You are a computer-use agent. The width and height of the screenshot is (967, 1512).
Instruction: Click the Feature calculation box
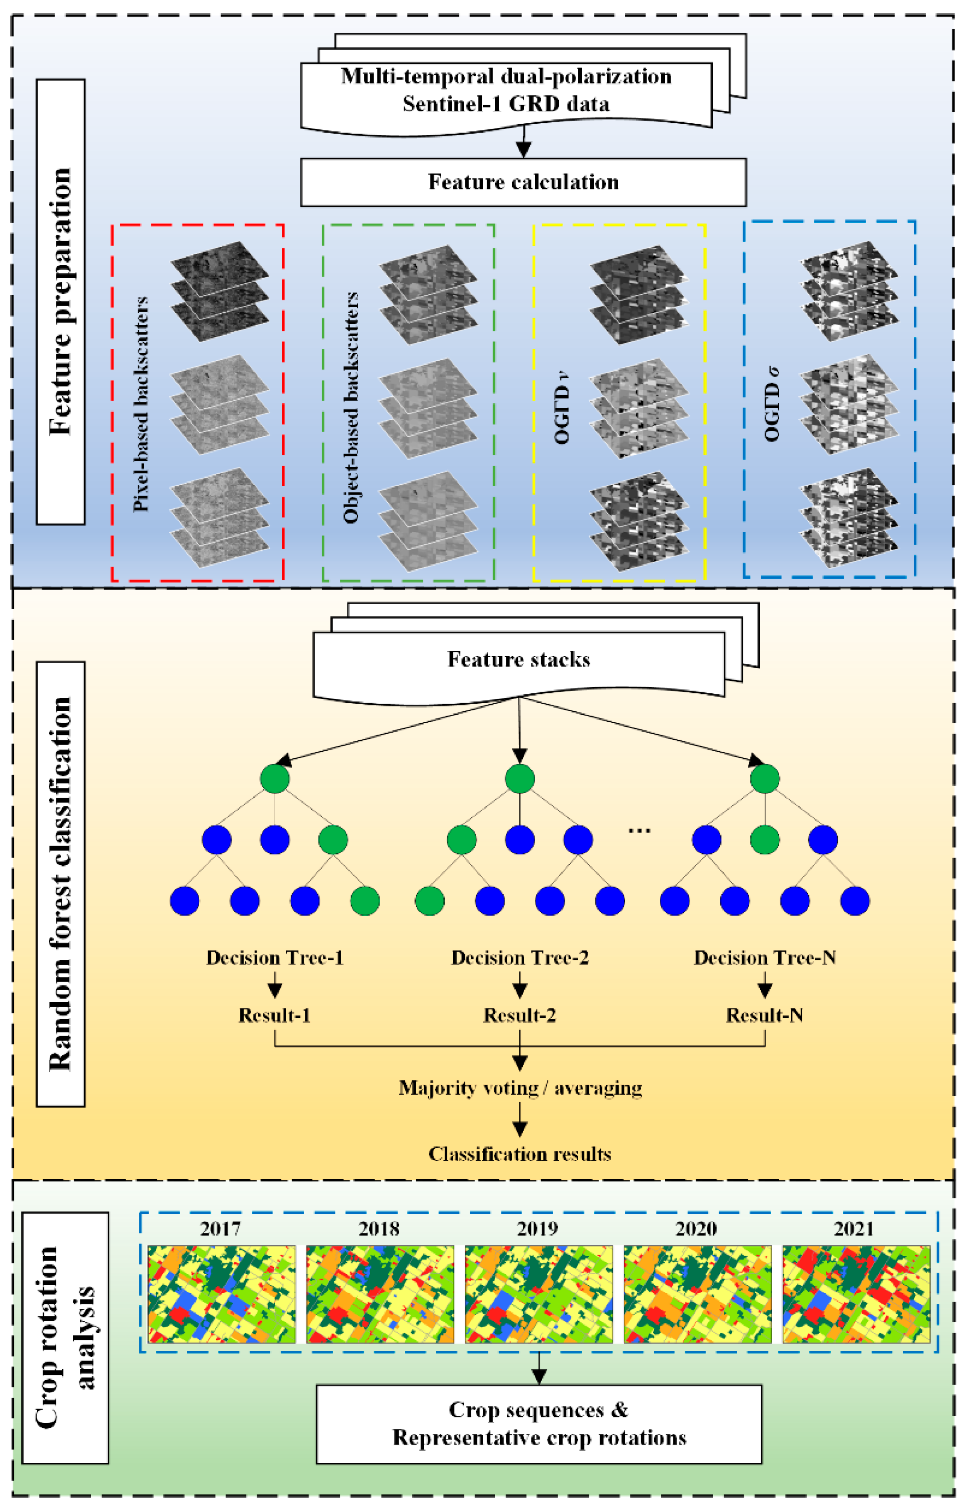click(523, 182)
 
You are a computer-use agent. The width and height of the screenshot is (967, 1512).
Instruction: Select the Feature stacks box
click(519, 659)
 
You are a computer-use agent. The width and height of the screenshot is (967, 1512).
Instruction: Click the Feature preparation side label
click(60, 301)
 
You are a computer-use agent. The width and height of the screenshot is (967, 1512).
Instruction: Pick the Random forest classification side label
click(60, 884)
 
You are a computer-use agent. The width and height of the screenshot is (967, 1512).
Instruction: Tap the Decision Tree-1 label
click(275, 957)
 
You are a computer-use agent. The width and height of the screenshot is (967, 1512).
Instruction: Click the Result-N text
click(764, 1016)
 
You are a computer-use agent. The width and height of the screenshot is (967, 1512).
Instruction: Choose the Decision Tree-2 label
click(520, 957)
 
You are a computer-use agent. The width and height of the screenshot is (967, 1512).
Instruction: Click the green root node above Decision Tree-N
click(765, 779)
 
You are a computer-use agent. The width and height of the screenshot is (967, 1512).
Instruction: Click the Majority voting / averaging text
click(520, 1088)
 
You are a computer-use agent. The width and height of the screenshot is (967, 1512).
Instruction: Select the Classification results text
click(520, 1154)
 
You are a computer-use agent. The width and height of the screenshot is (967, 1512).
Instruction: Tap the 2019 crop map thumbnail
click(539, 1294)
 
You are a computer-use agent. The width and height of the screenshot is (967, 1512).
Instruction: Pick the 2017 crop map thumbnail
click(221, 1294)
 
